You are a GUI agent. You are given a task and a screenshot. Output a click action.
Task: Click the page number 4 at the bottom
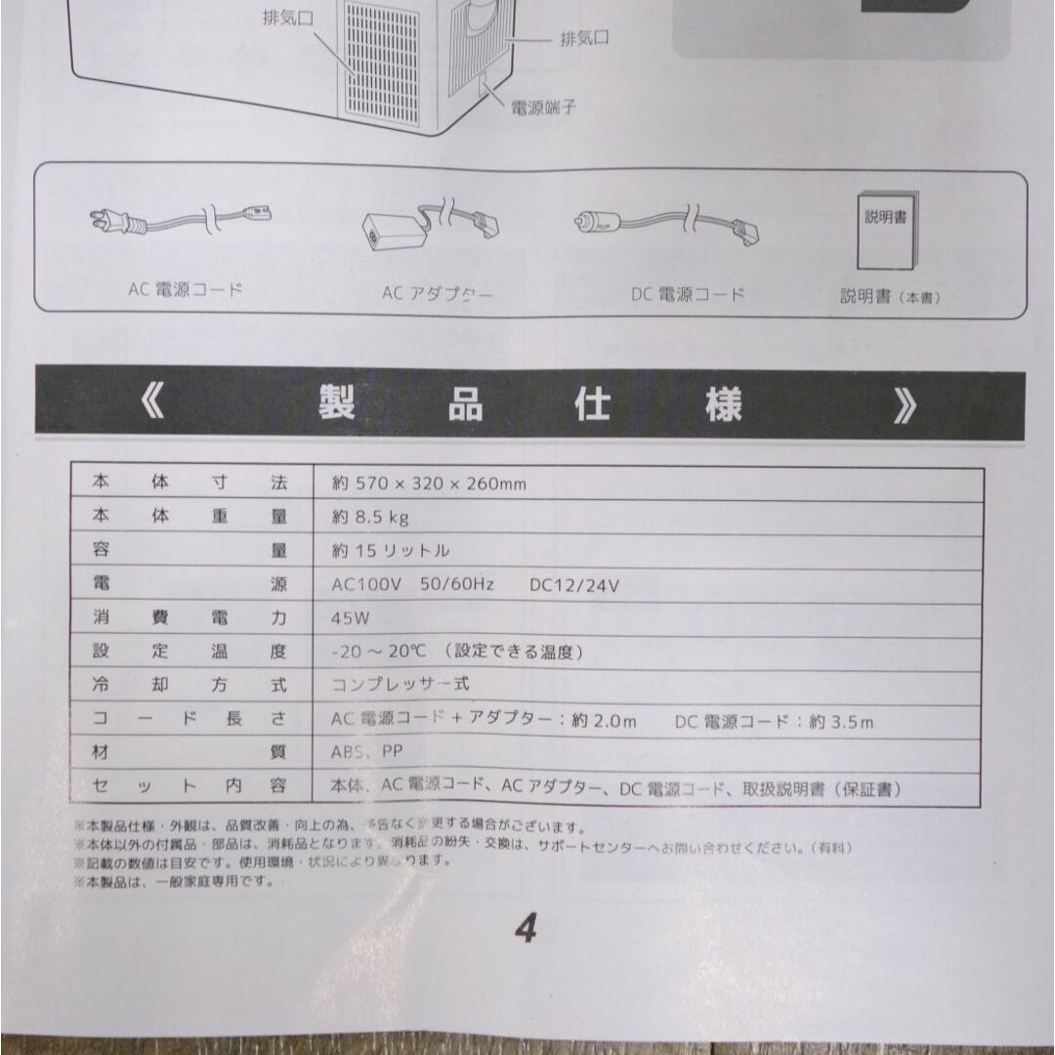(x=527, y=930)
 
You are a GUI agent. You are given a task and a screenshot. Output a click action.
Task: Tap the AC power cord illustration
(x=182, y=222)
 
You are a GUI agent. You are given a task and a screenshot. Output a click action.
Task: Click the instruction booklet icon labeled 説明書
(x=885, y=232)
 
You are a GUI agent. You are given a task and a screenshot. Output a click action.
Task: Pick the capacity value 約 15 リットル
(x=391, y=551)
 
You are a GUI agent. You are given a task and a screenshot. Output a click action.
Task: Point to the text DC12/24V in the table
(x=574, y=586)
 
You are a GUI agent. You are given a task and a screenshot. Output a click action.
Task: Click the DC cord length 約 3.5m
(x=837, y=722)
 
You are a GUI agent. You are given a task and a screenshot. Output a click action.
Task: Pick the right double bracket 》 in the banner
(x=904, y=405)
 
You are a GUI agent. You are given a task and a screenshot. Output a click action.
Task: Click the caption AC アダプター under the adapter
(x=438, y=293)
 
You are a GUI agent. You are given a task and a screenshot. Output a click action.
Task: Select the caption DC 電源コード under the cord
(x=688, y=293)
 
